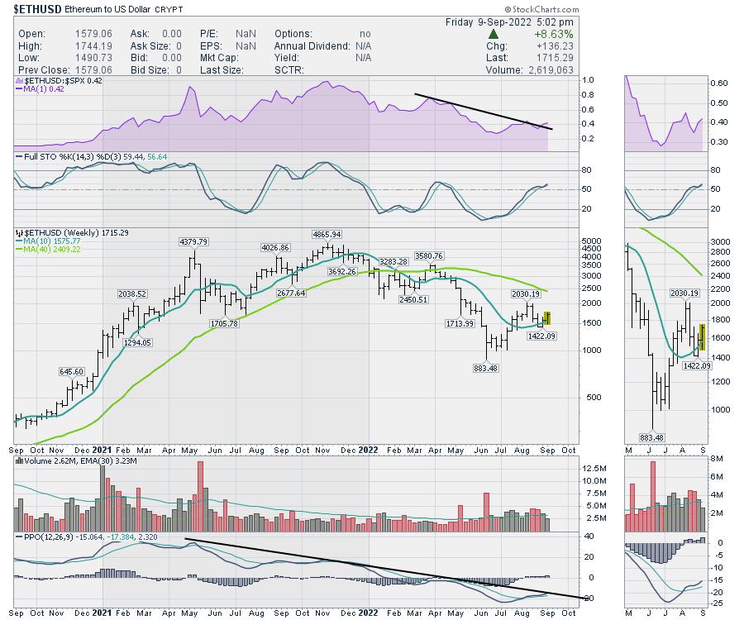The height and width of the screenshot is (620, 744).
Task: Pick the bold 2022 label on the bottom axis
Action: tap(368, 450)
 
